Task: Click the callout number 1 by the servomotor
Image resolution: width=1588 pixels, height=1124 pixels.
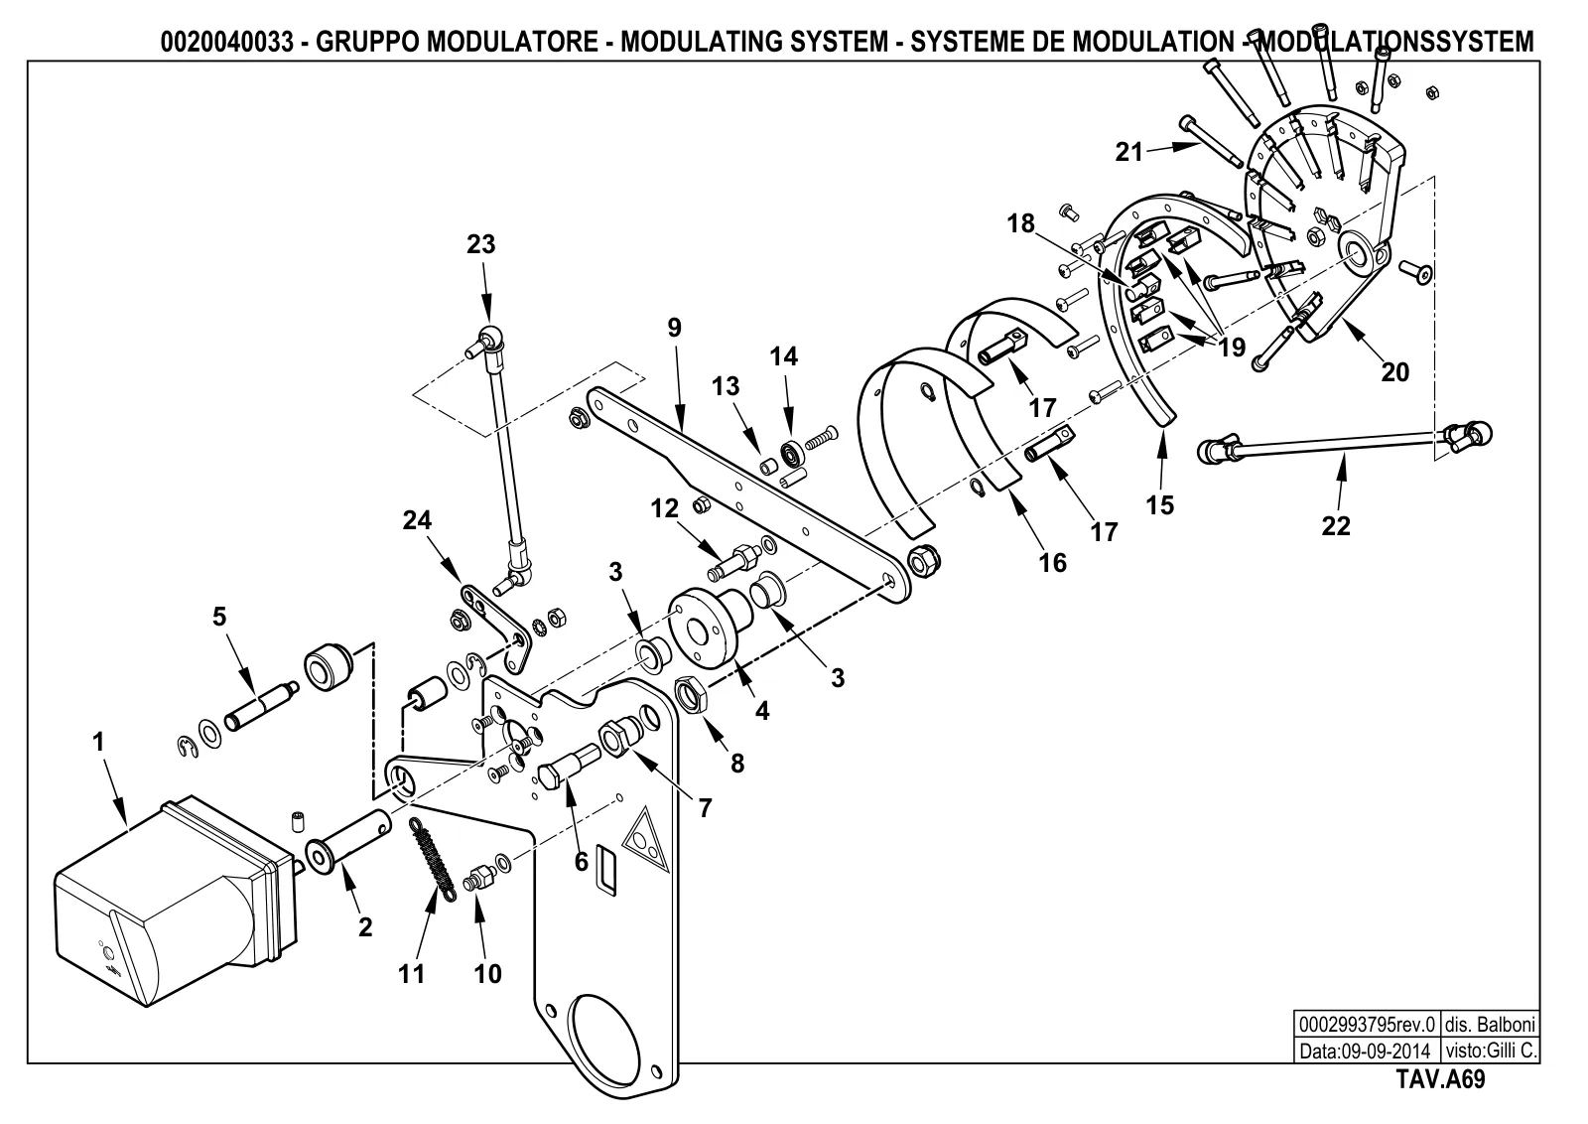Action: click(x=98, y=742)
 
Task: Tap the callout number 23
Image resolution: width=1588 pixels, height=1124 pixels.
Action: click(x=480, y=244)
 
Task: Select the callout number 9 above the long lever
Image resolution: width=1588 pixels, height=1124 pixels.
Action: click(x=674, y=328)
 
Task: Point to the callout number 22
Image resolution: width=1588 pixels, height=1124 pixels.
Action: click(x=1336, y=526)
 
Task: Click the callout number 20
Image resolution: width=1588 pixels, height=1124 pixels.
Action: click(x=1395, y=372)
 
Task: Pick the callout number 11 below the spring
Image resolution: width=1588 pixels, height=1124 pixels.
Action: click(x=411, y=974)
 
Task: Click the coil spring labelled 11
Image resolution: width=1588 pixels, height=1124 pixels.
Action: click(x=434, y=860)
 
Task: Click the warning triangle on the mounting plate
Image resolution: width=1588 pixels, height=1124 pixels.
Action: click(x=646, y=839)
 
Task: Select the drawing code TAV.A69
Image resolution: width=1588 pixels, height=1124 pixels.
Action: click(x=1440, y=1080)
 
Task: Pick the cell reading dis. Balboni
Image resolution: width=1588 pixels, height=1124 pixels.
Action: click(x=1490, y=1026)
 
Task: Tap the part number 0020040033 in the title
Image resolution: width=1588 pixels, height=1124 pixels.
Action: click(x=226, y=42)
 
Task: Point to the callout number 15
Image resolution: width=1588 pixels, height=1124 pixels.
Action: click(x=1160, y=505)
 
